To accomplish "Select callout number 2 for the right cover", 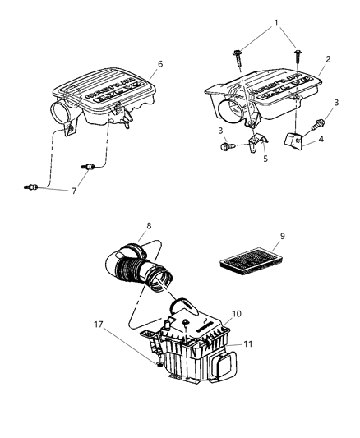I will tap(327, 58).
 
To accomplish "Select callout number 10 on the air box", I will tap(237, 314).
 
